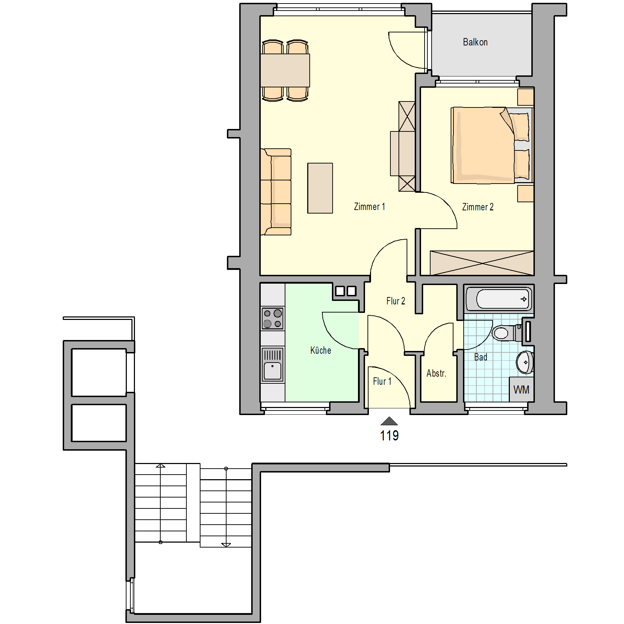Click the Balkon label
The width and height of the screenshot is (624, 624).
(475, 42)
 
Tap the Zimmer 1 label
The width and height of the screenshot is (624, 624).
(369, 206)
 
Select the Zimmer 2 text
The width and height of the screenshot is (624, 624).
(477, 207)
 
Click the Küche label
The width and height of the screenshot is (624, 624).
(321, 350)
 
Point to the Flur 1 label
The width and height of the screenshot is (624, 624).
(382, 381)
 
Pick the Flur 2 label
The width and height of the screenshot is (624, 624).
(396, 301)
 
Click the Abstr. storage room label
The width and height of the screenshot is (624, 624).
(436, 373)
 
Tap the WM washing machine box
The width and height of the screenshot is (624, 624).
(521, 389)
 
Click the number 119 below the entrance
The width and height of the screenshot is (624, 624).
(389, 435)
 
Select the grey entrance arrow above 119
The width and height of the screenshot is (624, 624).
(389, 421)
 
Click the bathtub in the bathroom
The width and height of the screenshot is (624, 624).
(499, 299)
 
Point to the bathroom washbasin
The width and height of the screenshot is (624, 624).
(525, 362)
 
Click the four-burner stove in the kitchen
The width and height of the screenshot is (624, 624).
(273, 318)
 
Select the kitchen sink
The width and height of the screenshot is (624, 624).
(273, 364)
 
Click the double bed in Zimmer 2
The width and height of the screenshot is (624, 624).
(492, 146)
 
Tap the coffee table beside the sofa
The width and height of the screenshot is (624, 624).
(320, 188)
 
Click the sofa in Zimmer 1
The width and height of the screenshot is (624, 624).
(276, 192)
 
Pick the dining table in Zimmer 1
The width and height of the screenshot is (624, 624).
(285, 70)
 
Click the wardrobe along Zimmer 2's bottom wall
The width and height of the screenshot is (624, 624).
(482, 263)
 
